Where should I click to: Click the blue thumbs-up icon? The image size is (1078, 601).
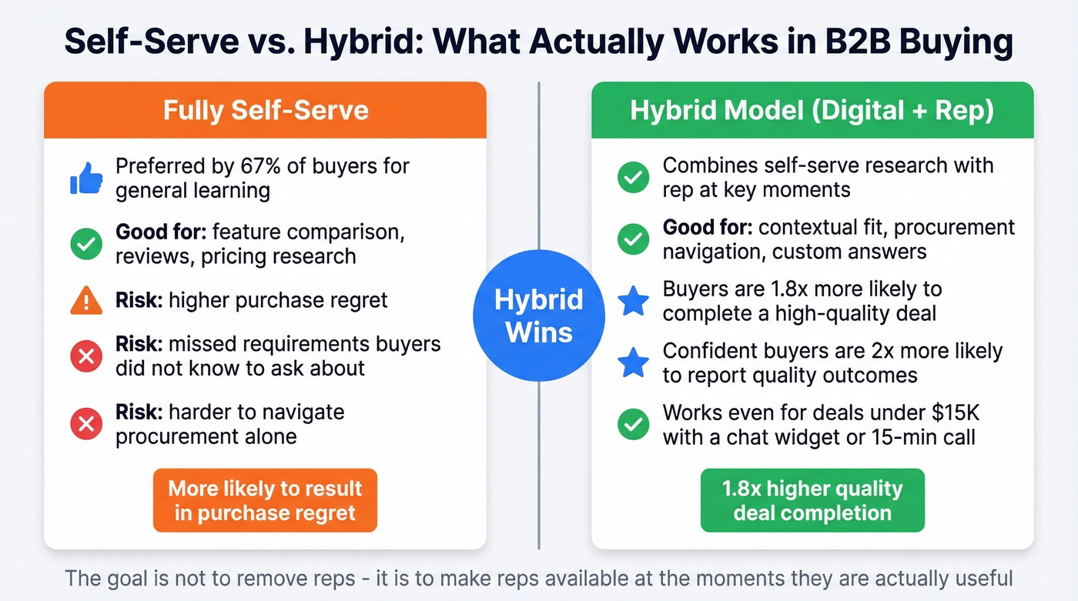pos(86,178)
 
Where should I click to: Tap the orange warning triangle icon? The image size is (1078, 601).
pos(86,300)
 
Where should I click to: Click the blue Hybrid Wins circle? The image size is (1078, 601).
pos(538,316)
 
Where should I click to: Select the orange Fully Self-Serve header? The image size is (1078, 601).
pos(265,110)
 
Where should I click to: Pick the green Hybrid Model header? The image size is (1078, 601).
pos(812,110)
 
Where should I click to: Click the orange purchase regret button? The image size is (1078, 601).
pos(265,500)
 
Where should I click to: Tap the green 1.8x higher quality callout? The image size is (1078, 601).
pos(812,500)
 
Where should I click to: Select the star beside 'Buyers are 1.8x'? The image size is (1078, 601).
pos(634,302)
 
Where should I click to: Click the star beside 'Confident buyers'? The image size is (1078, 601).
pos(634,363)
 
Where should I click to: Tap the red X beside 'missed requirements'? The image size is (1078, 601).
pos(86,356)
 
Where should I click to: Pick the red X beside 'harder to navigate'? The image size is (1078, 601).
pos(86,424)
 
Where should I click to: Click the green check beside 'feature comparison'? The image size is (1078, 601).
pos(86,244)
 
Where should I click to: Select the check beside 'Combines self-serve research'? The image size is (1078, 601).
pos(634,178)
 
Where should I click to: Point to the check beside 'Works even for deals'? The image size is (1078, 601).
pos(634,425)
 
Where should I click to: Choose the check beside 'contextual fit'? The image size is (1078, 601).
pos(634,239)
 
